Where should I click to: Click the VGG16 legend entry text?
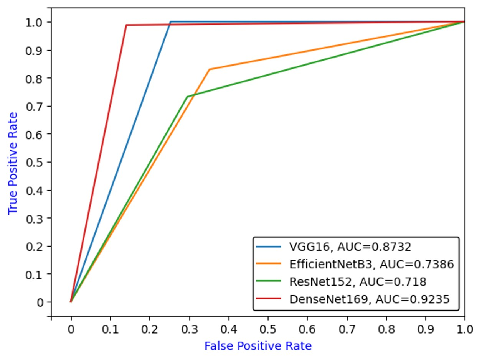click(x=350, y=247)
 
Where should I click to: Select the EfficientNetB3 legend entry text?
click(x=371, y=264)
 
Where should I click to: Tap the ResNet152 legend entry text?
click(x=358, y=282)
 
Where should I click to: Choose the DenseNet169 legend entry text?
click(x=369, y=299)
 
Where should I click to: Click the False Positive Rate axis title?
click(x=258, y=346)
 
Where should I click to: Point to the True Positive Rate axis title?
click(x=13, y=163)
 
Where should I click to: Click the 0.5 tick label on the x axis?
click(x=267, y=329)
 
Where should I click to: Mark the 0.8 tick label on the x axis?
click(x=386, y=329)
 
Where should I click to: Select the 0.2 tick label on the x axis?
click(x=149, y=329)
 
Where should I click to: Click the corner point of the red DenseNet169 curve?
click(x=126, y=25)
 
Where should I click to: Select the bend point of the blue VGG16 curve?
click(x=170, y=21)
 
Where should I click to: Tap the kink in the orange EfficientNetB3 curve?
click(x=210, y=69)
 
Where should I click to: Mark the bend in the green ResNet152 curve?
click(x=187, y=97)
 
